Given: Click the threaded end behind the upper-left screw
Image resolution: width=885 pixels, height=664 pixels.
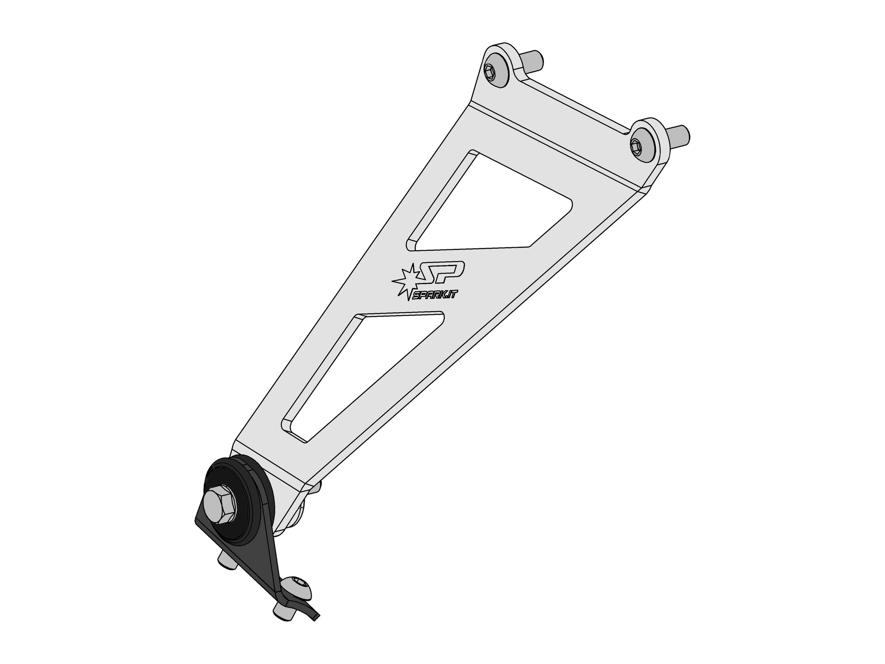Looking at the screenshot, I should coord(532,61).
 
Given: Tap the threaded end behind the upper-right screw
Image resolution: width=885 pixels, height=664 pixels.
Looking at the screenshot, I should coord(678,135).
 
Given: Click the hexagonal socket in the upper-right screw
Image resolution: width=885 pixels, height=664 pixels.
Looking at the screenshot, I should coord(635,147).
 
